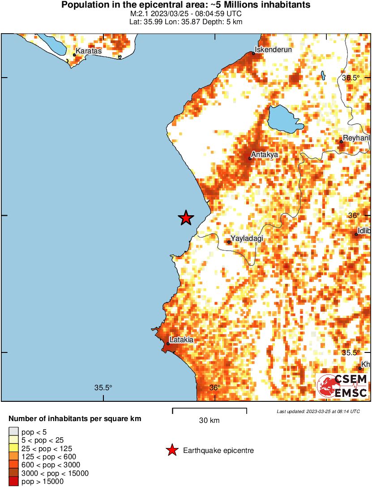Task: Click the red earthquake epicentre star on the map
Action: [x=186, y=218]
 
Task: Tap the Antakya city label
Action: [x=265, y=154]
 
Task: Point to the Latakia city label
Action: [x=182, y=340]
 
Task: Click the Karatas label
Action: [x=89, y=51]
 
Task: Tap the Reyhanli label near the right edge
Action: [x=356, y=138]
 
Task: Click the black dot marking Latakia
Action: [x=168, y=344]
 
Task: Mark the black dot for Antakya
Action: [x=250, y=158]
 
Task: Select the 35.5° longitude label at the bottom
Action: [x=103, y=388]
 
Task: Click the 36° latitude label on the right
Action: [x=354, y=215]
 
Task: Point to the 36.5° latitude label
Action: [x=351, y=78]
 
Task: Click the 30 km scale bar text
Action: [x=209, y=421]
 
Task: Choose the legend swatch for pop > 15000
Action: [x=14, y=482]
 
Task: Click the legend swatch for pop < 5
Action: [x=14, y=431]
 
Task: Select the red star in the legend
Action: [x=171, y=451]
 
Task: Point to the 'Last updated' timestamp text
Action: [x=318, y=411]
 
